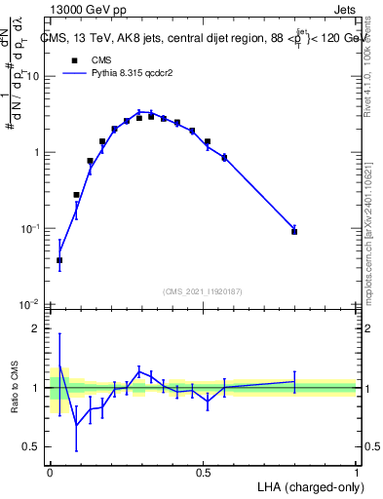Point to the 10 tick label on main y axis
[x=34, y=76]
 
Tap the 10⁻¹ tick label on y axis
[x=31, y=228]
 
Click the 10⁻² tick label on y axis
[x=31, y=304]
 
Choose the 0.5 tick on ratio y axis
[x=34, y=447]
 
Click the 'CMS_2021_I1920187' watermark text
[x=203, y=291]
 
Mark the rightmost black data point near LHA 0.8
[x=294, y=232]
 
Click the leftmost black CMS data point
[x=59, y=260]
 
